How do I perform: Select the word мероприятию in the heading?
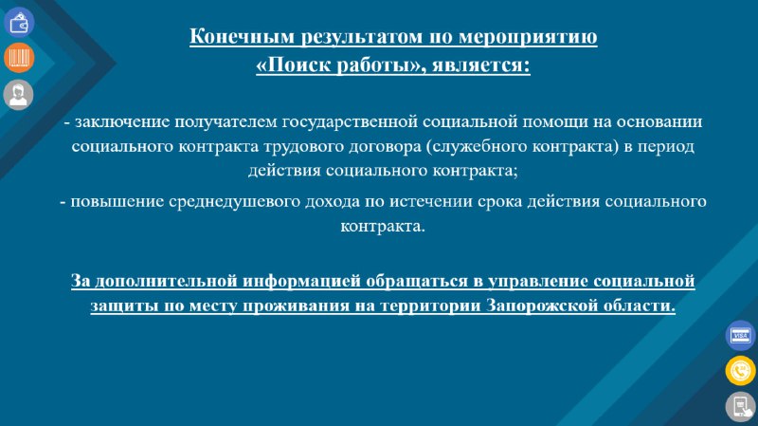click(528, 37)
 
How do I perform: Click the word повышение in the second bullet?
click(117, 201)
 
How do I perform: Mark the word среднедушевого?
click(234, 201)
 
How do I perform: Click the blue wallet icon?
click(19, 22)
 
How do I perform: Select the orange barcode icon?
click(19, 58)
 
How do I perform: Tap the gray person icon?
click(18, 94)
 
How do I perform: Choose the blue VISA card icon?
click(741, 335)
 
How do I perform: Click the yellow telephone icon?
click(741, 371)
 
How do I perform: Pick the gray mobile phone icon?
click(741, 407)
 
